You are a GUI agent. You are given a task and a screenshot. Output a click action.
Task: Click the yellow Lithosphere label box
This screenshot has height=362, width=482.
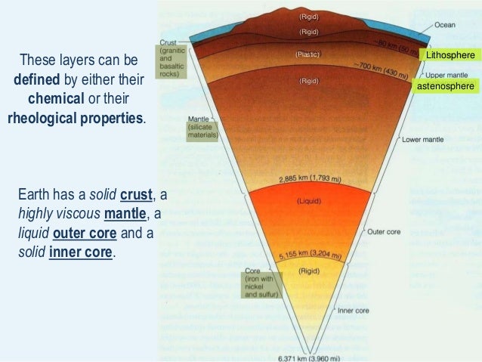coord(450,56)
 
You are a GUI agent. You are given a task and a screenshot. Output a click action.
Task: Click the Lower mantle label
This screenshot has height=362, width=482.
coord(422,140)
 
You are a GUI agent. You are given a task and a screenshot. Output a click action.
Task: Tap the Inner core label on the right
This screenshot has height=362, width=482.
coord(354,310)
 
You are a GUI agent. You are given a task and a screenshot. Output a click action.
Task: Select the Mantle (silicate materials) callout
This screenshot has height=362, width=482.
coord(202,129)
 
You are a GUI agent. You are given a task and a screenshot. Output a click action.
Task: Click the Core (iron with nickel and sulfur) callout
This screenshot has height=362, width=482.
coord(262,285)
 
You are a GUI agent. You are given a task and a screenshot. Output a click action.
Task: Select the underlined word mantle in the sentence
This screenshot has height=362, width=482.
coord(125,215)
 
